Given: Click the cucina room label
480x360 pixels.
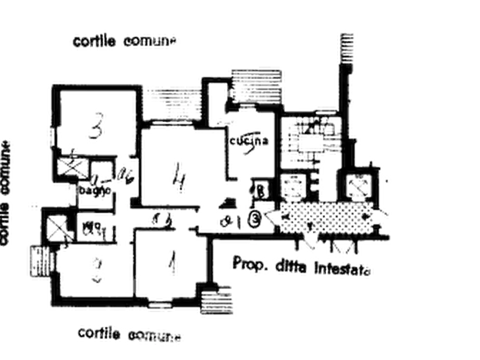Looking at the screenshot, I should pyautogui.click(x=249, y=141).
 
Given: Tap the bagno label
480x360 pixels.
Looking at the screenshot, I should pyautogui.click(x=96, y=190).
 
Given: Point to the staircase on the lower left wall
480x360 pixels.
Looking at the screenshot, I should pyautogui.click(x=39, y=263).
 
